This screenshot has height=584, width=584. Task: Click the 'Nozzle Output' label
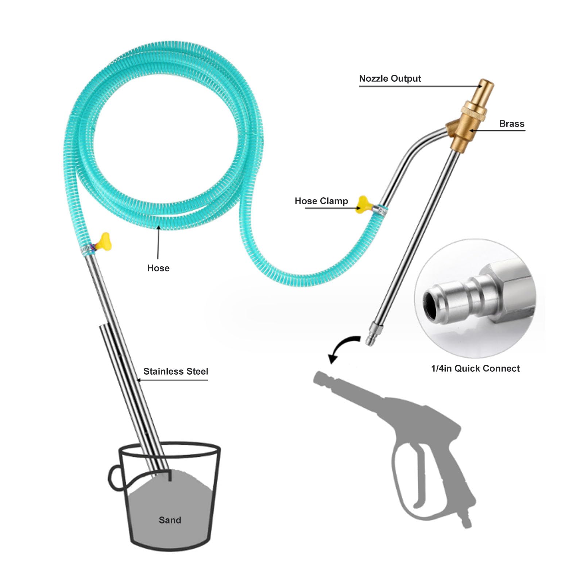point(390,78)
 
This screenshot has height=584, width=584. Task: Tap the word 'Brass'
point(511,124)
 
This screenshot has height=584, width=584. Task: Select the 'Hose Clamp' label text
point(321,201)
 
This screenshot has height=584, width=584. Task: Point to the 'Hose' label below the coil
point(158,268)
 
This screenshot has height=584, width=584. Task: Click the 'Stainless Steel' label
point(175,371)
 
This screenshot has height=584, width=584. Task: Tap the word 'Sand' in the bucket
point(170,520)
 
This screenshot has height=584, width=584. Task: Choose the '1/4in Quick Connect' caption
point(475,368)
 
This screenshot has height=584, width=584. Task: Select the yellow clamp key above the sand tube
point(104,241)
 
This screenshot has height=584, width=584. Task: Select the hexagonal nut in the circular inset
point(511,288)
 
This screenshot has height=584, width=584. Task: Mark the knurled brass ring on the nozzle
point(473,110)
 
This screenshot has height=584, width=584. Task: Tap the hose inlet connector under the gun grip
point(466,522)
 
